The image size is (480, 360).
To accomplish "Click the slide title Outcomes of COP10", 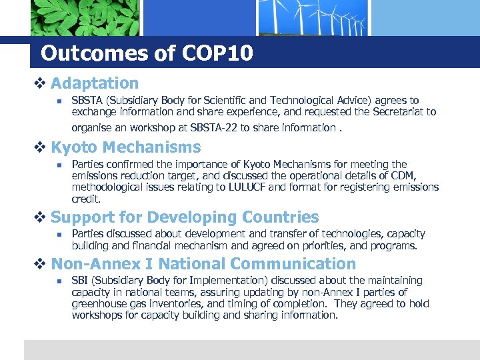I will tap(147, 53).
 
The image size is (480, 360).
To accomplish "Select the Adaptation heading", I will tap(95, 83).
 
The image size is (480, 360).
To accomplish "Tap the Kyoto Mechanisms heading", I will tap(125, 147).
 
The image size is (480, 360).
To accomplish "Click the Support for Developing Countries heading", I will tap(185, 217).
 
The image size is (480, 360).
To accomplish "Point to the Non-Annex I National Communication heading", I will tap(203, 264).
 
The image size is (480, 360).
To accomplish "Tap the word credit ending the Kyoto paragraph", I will tap(86, 199).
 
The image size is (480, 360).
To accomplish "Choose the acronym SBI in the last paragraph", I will tap(80, 281).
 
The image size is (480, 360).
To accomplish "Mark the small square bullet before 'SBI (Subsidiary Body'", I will tap(59, 281).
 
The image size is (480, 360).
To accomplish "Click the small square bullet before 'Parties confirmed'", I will tap(59, 165).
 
